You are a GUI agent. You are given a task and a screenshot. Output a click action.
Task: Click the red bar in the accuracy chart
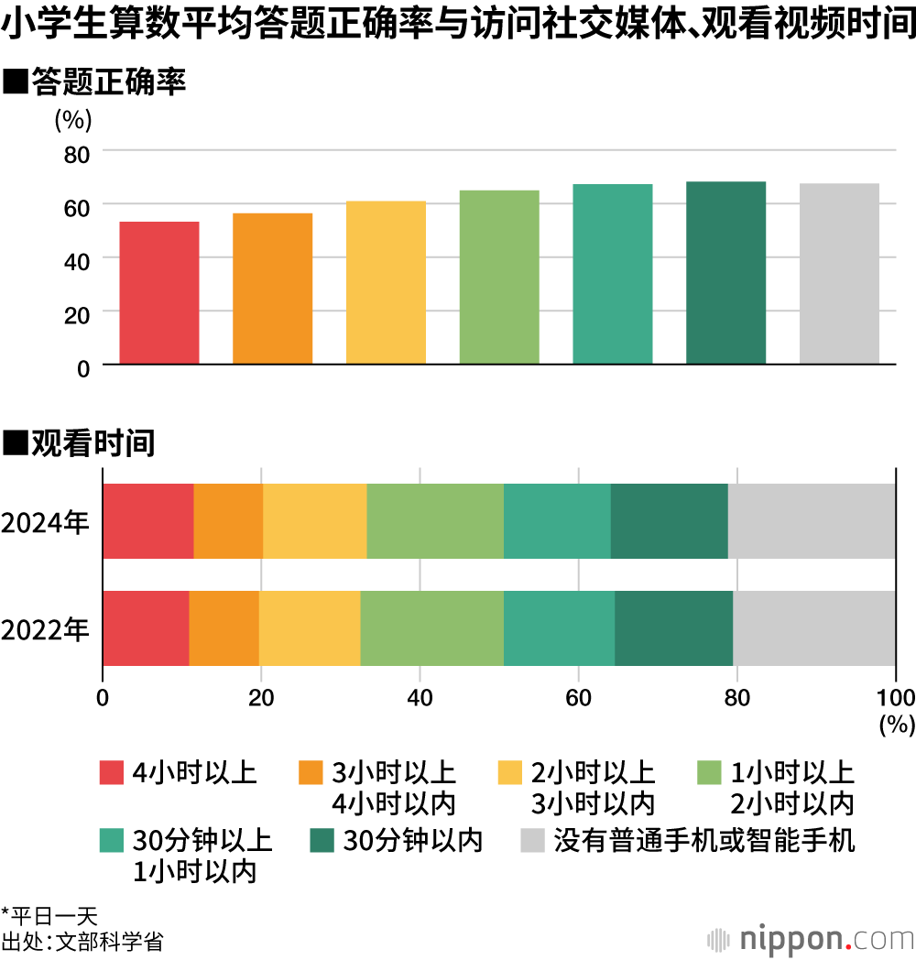point(159,293)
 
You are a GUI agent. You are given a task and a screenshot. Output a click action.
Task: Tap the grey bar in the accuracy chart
point(839,274)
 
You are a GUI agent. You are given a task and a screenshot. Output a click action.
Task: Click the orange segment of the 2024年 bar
point(228,521)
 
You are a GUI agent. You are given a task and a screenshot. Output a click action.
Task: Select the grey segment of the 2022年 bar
point(813,628)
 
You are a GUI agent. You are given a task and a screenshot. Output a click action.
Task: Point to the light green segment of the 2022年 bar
point(431,628)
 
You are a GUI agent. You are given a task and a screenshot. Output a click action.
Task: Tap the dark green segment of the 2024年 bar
point(669,521)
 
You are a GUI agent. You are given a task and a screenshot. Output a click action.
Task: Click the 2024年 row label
point(45,523)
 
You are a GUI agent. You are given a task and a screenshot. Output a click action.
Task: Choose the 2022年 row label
point(45,630)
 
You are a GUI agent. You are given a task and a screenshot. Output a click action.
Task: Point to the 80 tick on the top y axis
point(77,153)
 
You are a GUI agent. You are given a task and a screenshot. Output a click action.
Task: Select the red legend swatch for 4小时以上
point(111,773)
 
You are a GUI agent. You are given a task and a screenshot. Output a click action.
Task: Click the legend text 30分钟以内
point(412,840)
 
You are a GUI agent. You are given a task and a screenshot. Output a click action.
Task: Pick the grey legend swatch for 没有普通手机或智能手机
point(532,840)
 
